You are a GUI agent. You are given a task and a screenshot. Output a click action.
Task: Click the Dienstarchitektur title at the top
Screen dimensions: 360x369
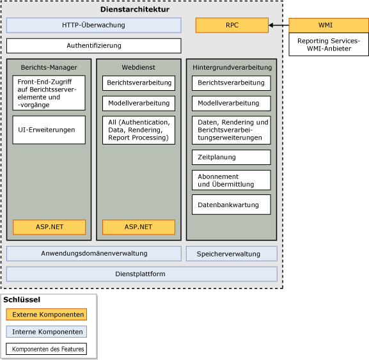pyautogui.click(x=135, y=10)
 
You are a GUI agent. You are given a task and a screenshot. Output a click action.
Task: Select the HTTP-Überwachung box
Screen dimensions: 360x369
pyautogui.click(x=93, y=26)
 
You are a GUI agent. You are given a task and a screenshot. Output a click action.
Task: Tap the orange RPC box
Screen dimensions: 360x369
pyautogui.click(x=232, y=26)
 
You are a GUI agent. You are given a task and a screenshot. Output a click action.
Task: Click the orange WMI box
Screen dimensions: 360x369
pyautogui.click(x=325, y=26)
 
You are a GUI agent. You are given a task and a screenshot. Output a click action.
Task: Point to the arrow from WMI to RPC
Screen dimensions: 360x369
pyautogui.click(x=279, y=26)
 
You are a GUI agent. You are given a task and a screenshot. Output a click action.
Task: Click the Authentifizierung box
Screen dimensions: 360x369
pyautogui.click(x=93, y=46)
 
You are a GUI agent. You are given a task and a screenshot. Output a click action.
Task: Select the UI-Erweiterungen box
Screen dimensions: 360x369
pyautogui.click(x=49, y=130)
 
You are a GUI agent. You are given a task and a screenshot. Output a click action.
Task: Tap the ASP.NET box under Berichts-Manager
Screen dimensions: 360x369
pyautogui.click(x=49, y=227)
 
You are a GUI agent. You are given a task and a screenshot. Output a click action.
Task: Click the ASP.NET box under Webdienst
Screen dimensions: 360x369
pyautogui.click(x=138, y=227)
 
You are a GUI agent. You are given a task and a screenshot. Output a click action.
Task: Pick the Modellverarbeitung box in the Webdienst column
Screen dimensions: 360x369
pyautogui.click(x=138, y=103)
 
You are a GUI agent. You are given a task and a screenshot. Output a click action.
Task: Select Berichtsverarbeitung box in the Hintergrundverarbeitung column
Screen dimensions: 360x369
pyautogui.click(x=231, y=83)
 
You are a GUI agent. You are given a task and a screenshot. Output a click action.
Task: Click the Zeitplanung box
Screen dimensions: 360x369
pyautogui.click(x=231, y=157)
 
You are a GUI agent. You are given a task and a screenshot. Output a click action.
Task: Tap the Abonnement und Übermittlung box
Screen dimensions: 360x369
pyautogui.click(x=231, y=180)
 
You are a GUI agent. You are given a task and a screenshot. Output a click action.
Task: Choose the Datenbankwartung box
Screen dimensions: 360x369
pyautogui.click(x=231, y=205)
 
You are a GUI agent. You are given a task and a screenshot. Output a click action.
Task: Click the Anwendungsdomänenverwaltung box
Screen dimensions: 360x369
pyautogui.click(x=93, y=254)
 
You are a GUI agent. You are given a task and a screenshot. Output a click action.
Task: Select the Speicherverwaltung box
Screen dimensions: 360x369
pyautogui.click(x=232, y=254)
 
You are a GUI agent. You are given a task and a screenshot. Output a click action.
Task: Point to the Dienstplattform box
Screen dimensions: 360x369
pyautogui.click(x=141, y=274)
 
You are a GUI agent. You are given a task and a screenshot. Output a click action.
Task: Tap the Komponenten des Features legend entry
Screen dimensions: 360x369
pyautogui.click(x=46, y=349)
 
